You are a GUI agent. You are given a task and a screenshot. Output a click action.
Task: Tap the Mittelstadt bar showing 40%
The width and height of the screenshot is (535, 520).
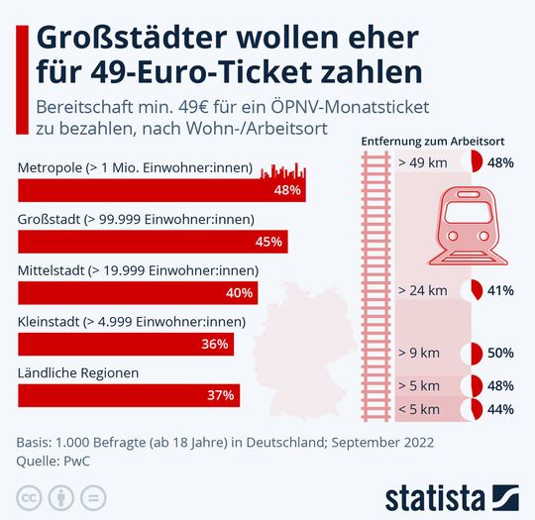click(x=138, y=292)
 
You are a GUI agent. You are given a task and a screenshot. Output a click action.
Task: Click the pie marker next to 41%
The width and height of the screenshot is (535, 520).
click(x=475, y=291)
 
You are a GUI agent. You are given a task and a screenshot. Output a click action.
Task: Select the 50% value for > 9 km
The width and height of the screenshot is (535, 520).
click(x=500, y=353)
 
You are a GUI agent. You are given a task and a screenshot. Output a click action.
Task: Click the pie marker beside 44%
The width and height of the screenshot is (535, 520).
click(x=475, y=409)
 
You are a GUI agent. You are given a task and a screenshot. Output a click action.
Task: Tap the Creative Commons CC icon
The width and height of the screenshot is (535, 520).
click(x=30, y=494)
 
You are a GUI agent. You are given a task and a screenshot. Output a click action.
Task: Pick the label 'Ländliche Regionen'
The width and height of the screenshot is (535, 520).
click(x=78, y=372)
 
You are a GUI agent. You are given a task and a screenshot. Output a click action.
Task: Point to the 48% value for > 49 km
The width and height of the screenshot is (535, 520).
click(x=500, y=162)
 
